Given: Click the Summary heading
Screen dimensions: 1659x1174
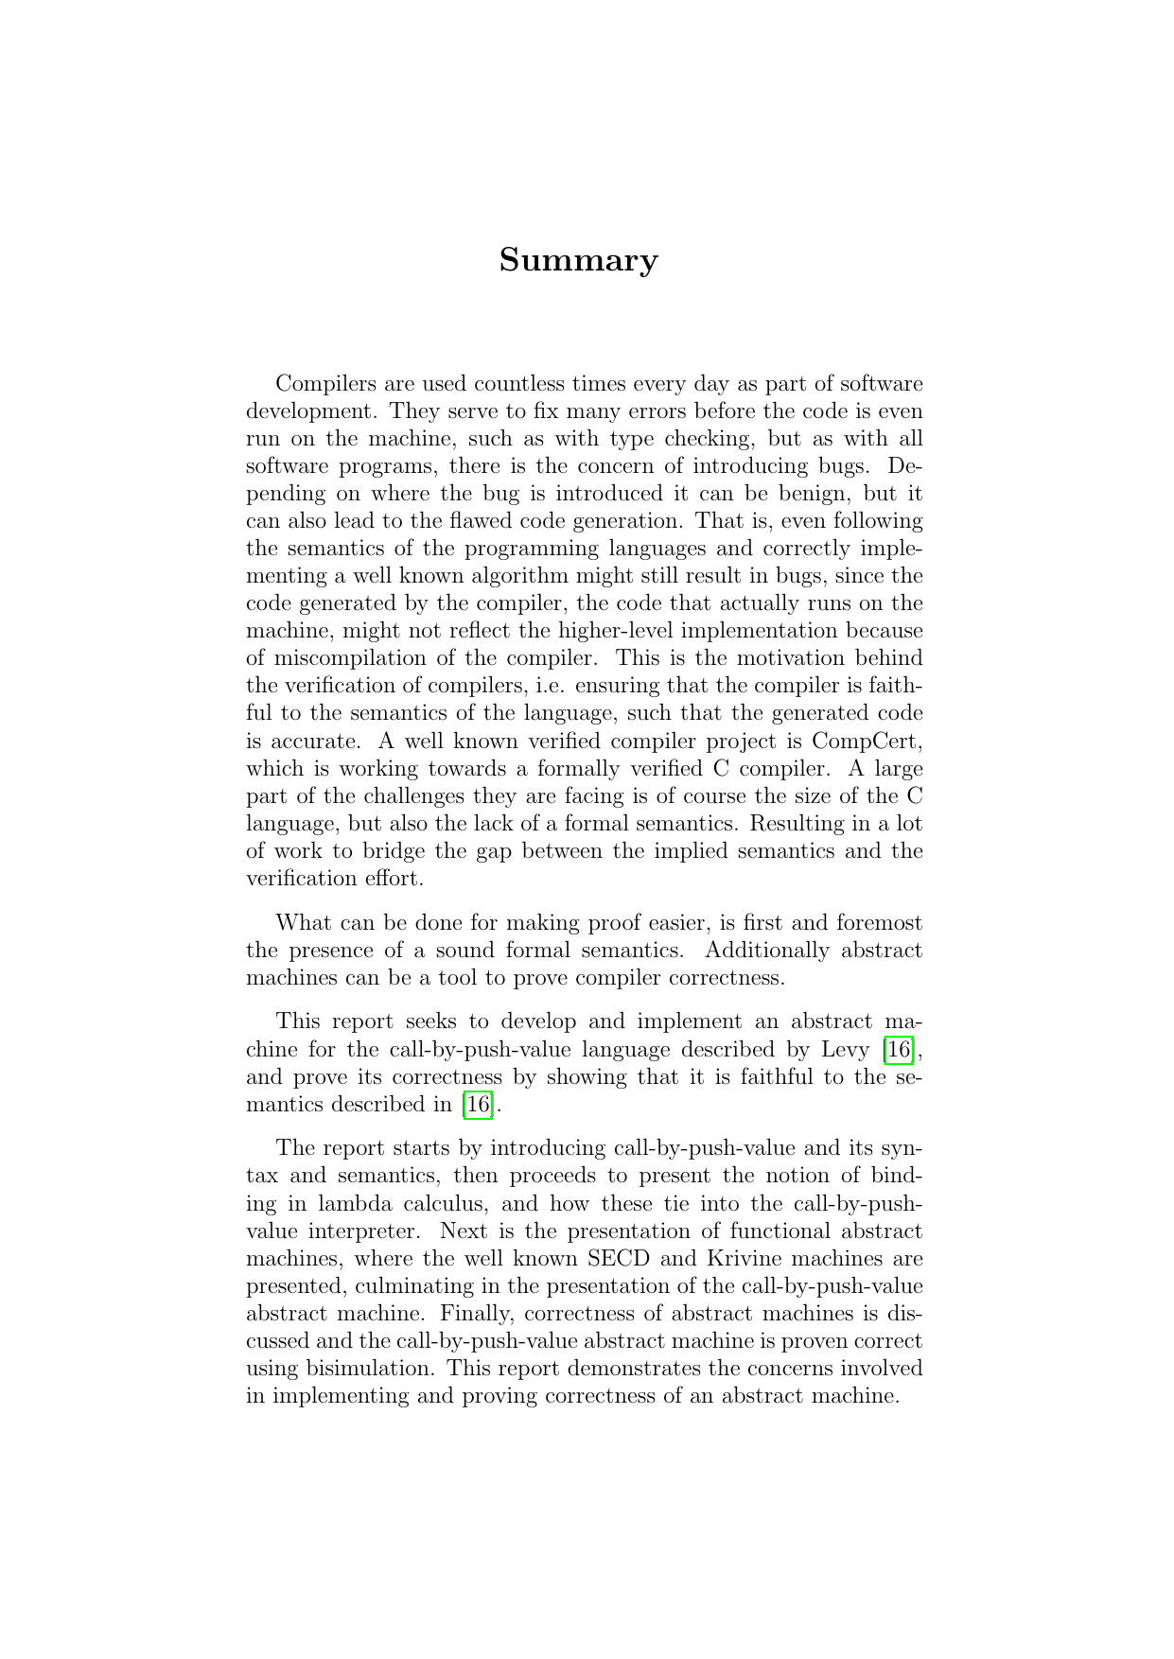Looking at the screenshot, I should click(578, 260).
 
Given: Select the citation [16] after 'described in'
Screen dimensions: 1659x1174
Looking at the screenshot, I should click(478, 1104).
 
